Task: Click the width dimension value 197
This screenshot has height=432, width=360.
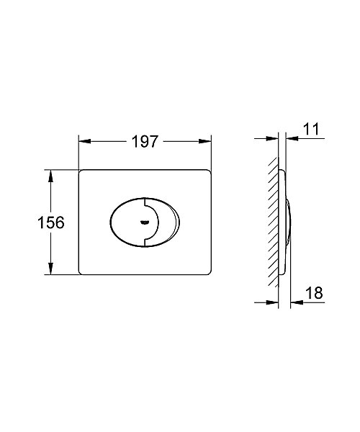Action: tap(145, 141)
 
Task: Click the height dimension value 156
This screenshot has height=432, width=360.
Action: tap(50, 222)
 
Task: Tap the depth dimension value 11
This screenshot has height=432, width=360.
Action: tap(311, 129)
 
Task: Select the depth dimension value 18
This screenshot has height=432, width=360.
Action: tap(314, 293)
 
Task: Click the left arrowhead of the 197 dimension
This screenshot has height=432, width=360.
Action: tap(84, 141)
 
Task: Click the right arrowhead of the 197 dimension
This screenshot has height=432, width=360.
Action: tap(205, 141)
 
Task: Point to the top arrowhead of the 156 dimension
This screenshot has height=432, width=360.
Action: tap(50, 176)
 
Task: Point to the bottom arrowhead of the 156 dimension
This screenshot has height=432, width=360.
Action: tap(50, 269)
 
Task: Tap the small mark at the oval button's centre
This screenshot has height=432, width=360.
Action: tap(144, 222)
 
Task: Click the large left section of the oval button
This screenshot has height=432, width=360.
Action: tap(127, 222)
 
